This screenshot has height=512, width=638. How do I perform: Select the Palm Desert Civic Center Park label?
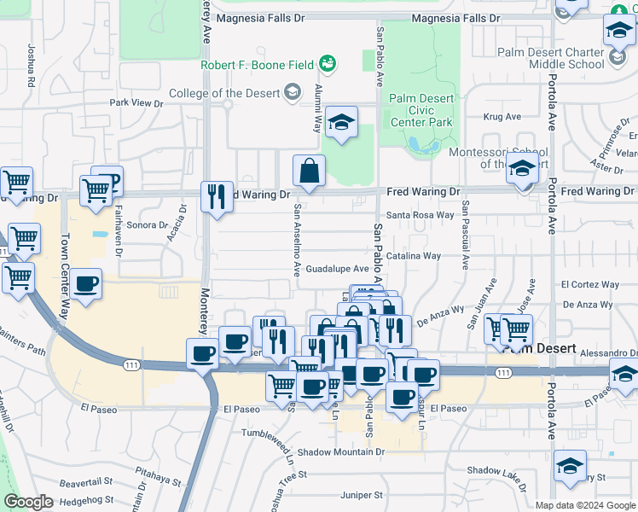[421, 110]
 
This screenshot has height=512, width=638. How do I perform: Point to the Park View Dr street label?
[136, 103]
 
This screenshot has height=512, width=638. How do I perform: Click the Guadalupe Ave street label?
[337, 268]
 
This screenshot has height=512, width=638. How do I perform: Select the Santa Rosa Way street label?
[420, 215]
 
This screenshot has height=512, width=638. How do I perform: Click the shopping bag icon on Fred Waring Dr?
[309, 171]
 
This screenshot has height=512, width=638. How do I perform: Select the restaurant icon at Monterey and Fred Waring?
[217, 196]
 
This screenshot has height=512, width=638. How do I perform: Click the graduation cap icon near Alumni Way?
[341, 122]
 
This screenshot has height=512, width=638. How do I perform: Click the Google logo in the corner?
[28, 502]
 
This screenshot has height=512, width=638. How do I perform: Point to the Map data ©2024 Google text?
[585, 505]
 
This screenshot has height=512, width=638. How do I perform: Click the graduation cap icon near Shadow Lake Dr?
[569, 466]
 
